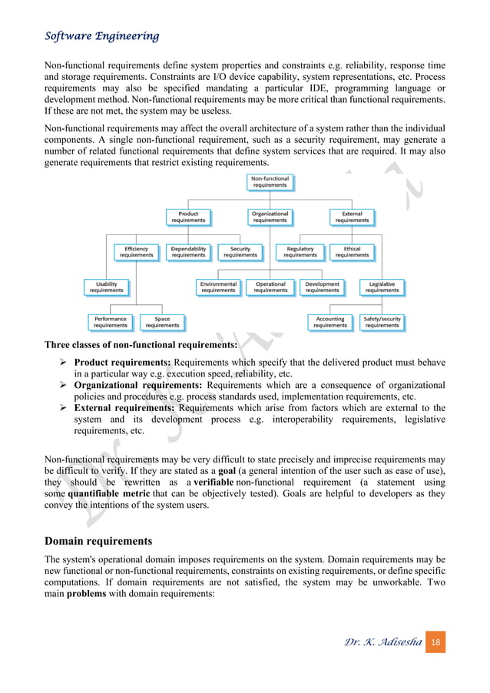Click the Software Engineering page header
102,36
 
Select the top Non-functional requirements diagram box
270,182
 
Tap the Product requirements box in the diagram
188,217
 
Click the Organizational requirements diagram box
270,217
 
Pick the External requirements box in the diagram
352,217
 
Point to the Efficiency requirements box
136,252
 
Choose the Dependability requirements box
188,252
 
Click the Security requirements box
240,252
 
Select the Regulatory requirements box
300,252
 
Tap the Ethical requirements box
352,252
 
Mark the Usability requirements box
106,287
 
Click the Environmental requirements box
219,287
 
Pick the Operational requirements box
270,287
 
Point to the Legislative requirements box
382,287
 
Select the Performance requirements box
111,322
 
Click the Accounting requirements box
330,322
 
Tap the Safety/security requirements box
382,322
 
